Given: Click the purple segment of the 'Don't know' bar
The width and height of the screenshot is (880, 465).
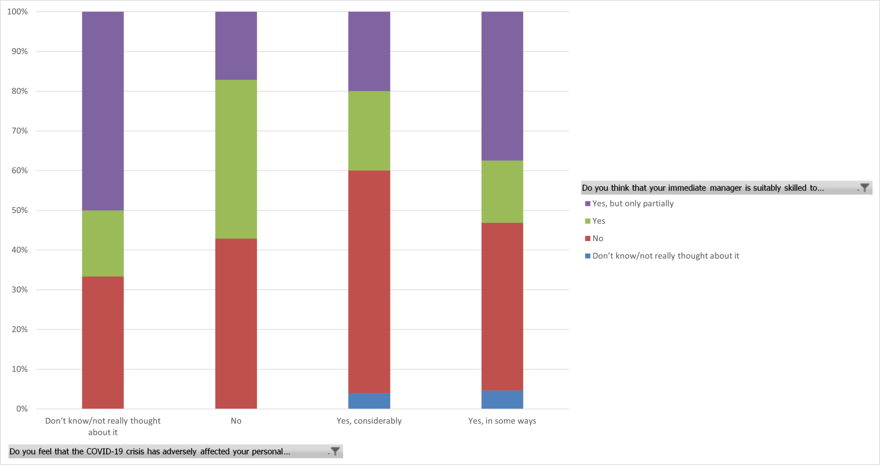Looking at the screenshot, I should coord(103,111).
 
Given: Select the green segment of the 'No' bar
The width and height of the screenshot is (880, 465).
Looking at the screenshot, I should coord(236,159).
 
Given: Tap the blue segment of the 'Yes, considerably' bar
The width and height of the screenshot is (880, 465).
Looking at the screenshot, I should coord(369,401).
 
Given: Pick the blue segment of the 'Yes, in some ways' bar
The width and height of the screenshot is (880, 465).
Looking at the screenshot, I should coord(502,399).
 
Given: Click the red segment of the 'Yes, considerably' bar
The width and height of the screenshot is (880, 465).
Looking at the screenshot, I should coord(369,281).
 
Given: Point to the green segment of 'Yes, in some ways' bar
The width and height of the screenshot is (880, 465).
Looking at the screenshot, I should coord(502,192).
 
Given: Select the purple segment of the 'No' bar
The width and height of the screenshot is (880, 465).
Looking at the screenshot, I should coord(236,46).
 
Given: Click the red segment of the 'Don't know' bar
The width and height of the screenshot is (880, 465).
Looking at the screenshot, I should coord(103,343).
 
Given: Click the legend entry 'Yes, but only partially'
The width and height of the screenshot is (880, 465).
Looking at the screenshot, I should coord(632,204).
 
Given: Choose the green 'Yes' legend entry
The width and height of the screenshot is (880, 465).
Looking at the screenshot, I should coord(599,221).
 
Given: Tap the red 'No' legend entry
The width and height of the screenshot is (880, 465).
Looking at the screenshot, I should coord(598,239).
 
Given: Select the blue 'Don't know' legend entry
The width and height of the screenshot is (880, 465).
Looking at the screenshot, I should coord(665,256).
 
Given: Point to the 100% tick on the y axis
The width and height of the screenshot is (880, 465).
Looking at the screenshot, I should coord(18,12).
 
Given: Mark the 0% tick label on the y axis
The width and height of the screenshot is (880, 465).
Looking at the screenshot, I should coord(22,409).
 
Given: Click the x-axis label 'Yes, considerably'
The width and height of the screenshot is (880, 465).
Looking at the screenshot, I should coord(369,421).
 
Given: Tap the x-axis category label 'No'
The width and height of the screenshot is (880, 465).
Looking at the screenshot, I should coord(236,421).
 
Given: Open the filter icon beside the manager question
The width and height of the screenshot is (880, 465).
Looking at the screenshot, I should coord(864,188).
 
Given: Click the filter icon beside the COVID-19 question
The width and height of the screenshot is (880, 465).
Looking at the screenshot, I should coord(335,451).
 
